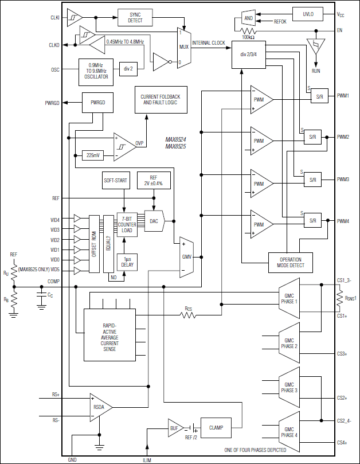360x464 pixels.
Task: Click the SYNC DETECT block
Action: coord(135,18)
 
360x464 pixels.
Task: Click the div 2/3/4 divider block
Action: coord(249,56)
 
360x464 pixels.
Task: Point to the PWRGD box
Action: coord(98,103)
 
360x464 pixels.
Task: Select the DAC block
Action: coord(153,221)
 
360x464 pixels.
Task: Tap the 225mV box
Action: coord(92,155)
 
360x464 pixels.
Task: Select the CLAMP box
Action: coord(216,427)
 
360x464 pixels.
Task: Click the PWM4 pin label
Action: coord(344,221)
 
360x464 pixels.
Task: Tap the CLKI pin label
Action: coord(54,18)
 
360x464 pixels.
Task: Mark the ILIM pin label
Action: coord(147,459)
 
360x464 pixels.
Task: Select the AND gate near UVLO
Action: coord(248,18)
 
